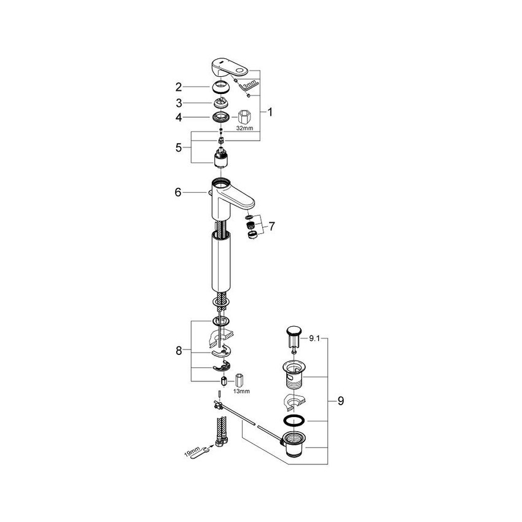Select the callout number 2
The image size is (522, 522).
coord(178,87)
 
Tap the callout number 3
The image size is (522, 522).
coord(178,103)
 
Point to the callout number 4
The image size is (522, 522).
coord(178,117)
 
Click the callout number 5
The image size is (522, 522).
coord(178,147)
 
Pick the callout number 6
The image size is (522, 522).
coord(178,192)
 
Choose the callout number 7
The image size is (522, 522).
coord(271,227)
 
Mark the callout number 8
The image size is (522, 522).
coord(179,351)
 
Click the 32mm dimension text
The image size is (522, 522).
coord(244,129)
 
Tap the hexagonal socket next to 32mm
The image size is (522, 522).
coord(243,116)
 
